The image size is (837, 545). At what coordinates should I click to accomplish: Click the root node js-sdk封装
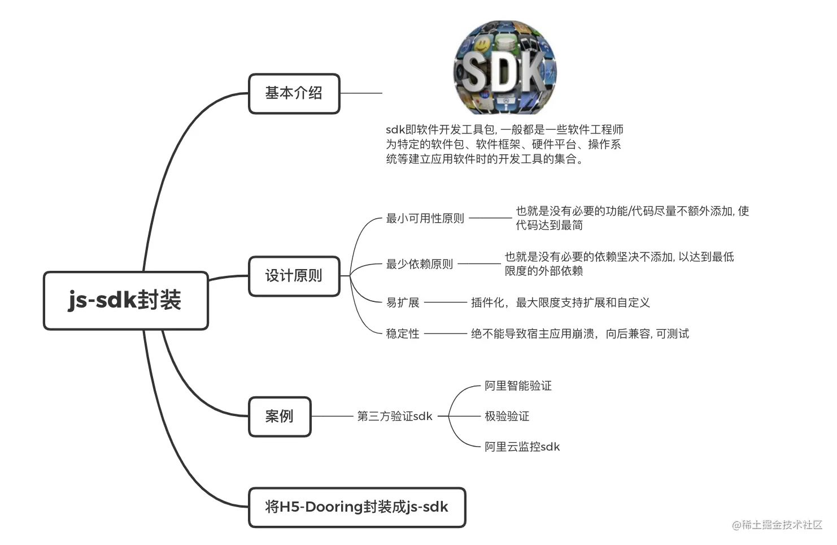[x=125, y=300]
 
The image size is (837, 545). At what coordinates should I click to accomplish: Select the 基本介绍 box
[x=294, y=93]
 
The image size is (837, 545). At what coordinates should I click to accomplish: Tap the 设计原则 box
[x=294, y=276]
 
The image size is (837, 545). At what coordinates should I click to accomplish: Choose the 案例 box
[x=280, y=416]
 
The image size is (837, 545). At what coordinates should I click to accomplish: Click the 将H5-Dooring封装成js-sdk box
[x=357, y=507]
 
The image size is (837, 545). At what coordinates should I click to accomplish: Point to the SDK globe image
[x=505, y=67]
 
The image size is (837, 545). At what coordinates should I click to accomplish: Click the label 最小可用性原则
[x=425, y=218]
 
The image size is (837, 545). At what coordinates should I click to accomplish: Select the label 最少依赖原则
[x=419, y=264]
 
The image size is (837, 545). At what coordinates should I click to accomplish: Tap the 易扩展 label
[x=403, y=302]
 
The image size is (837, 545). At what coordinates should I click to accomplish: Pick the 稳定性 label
[x=403, y=334]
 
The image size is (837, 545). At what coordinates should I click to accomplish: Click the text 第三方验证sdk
[x=395, y=416]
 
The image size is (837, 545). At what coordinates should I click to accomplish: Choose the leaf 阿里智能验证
[x=518, y=386]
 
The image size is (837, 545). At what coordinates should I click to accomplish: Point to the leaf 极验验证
[x=507, y=416]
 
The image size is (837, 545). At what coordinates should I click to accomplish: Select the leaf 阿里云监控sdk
[x=522, y=447]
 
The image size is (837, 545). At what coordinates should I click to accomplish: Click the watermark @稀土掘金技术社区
[x=777, y=525]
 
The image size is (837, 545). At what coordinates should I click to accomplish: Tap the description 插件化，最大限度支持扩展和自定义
[x=560, y=302]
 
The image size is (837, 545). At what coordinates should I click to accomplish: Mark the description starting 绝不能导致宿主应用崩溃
[x=580, y=334]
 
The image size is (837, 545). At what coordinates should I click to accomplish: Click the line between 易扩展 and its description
[x=446, y=302]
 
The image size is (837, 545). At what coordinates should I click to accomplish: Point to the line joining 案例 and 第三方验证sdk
[x=332, y=416]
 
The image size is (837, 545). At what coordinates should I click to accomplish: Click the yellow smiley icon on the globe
[x=482, y=45]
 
